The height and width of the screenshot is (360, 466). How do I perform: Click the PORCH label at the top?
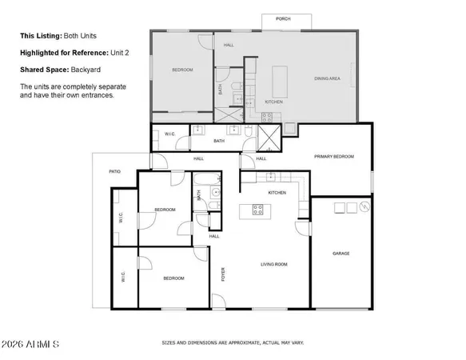pyautogui.click(x=282, y=18)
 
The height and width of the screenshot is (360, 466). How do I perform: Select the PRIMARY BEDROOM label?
pyautogui.click(x=333, y=157)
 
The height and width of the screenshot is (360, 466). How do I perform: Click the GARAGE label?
pyautogui.click(x=341, y=254)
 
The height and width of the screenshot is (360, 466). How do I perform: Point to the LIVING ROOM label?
pyautogui.click(x=273, y=264)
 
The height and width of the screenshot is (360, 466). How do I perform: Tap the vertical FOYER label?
pyautogui.click(x=224, y=275)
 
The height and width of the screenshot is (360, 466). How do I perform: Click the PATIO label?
pyautogui.click(x=115, y=171)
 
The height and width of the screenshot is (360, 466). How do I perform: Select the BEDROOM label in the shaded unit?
pyautogui.click(x=182, y=70)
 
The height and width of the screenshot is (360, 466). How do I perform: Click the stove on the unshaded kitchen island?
pyautogui.click(x=258, y=210)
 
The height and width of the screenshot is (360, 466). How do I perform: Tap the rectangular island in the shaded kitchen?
pyautogui.click(x=281, y=81)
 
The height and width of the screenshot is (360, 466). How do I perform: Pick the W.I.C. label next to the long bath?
pyautogui.click(x=169, y=134)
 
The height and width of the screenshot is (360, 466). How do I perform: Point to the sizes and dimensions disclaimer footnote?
pyautogui.click(x=233, y=342)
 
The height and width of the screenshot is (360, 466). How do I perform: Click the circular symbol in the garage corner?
pyautogui.click(x=364, y=208)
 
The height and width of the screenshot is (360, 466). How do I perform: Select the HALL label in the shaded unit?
pyautogui.click(x=229, y=45)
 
